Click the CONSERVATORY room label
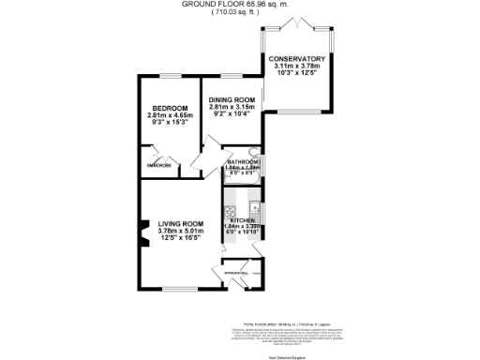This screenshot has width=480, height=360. point(297,59)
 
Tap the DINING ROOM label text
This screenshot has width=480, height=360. point(232,100)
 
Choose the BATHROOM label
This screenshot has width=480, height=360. point(243,161)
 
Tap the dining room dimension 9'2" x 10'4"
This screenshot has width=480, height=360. point(232,115)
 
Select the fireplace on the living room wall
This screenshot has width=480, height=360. point(143,234)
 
